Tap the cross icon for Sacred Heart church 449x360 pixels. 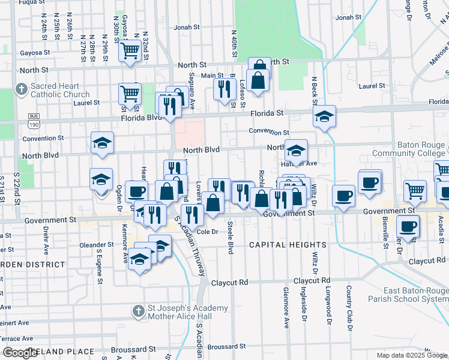pos(21,90)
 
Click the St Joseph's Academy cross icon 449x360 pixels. pos(139,312)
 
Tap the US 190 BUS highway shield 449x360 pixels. pos(33,120)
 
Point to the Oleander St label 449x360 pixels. pos(97,245)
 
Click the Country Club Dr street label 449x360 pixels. pos(348,310)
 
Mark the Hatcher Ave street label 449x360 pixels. pos(298,163)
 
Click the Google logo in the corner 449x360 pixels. pos(20,352)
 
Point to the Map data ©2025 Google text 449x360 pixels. pos(411,355)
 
